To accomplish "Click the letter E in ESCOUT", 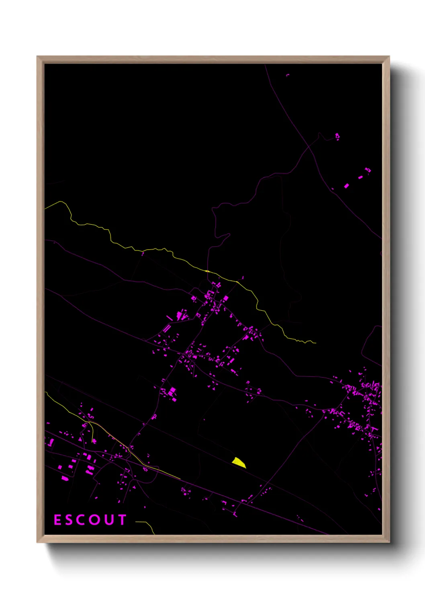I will coord(57,520).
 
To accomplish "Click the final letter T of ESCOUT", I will coord(122,520).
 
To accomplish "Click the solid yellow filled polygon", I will coord(239,462).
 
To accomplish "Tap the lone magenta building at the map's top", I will coord(288,75).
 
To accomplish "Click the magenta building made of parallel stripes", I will coord(166,328).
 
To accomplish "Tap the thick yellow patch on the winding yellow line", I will coord(207,271).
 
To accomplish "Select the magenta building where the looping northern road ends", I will coord(337,136).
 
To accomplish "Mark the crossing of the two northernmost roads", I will coord(310,147).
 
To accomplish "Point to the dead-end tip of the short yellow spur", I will coord(93,441).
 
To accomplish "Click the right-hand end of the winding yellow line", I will coord(316,343).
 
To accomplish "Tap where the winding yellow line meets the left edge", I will coord(45,209).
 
